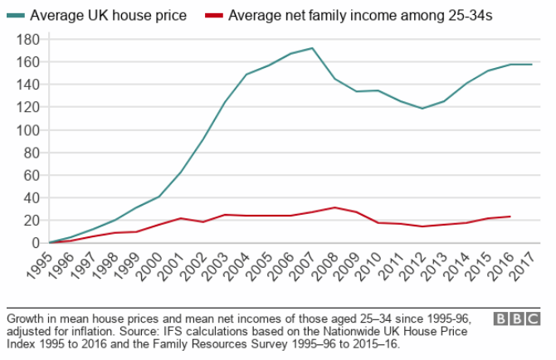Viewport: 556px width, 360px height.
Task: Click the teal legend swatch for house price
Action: (x=17, y=15)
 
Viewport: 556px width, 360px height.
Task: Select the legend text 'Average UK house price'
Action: (x=108, y=15)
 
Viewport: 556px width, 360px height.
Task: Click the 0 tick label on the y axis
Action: (x=36, y=242)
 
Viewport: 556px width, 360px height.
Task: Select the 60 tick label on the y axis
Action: (x=32, y=174)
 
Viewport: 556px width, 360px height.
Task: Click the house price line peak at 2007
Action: (x=312, y=48)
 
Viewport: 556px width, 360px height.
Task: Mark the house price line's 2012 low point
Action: (x=422, y=109)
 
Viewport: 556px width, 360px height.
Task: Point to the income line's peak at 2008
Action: (x=334, y=207)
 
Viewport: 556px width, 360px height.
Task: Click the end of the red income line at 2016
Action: (x=510, y=216)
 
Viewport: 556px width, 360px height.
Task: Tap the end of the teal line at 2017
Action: (x=531, y=64)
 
